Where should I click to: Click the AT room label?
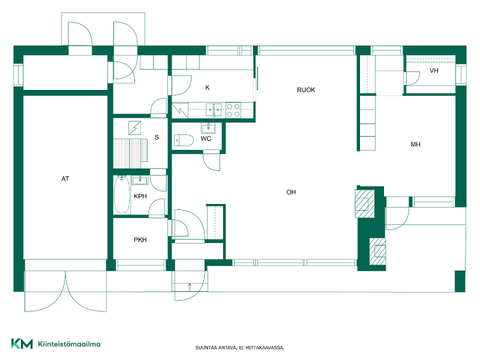click(65, 178)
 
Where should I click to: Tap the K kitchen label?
click(207, 88)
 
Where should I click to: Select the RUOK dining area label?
click(306, 89)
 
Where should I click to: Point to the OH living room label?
click(291, 192)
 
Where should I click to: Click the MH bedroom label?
click(415, 144)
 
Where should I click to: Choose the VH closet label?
click(434, 71)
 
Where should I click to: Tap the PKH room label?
click(140, 239)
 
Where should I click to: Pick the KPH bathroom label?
click(140, 196)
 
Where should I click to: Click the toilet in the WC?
click(184, 140)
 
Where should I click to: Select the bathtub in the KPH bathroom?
click(122, 194)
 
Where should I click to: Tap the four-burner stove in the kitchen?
click(233, 110)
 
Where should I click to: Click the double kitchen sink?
click(214, 110)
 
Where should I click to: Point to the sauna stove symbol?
click(134, 128)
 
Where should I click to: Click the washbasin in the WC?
click(208, 127)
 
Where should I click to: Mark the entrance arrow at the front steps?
click(190, 287)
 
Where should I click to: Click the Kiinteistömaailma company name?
click(69, 344)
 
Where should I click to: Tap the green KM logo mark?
click(22, 343)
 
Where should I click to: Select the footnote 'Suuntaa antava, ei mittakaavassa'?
click(239, 348)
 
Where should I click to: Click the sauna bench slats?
click(130, 153)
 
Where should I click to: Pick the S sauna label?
click(157, 137)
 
